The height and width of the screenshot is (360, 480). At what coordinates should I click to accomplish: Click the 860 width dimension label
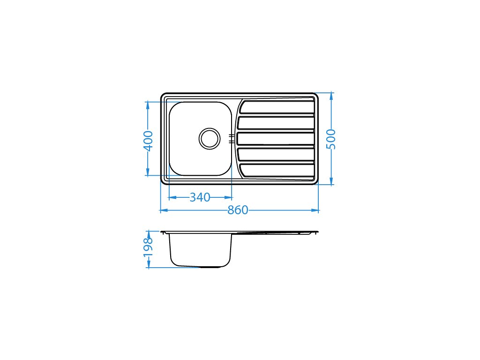point(238,210)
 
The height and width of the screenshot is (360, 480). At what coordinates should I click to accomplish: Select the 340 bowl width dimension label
point(200,197)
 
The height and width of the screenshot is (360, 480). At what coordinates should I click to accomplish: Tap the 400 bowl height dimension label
point(148,141)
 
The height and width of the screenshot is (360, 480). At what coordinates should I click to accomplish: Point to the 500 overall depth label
point(331,139)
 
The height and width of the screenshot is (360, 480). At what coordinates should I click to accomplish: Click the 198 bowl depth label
point(148,247)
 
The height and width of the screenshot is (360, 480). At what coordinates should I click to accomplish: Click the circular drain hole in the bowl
point(210,139)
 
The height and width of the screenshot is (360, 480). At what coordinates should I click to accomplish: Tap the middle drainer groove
point(276,139)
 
